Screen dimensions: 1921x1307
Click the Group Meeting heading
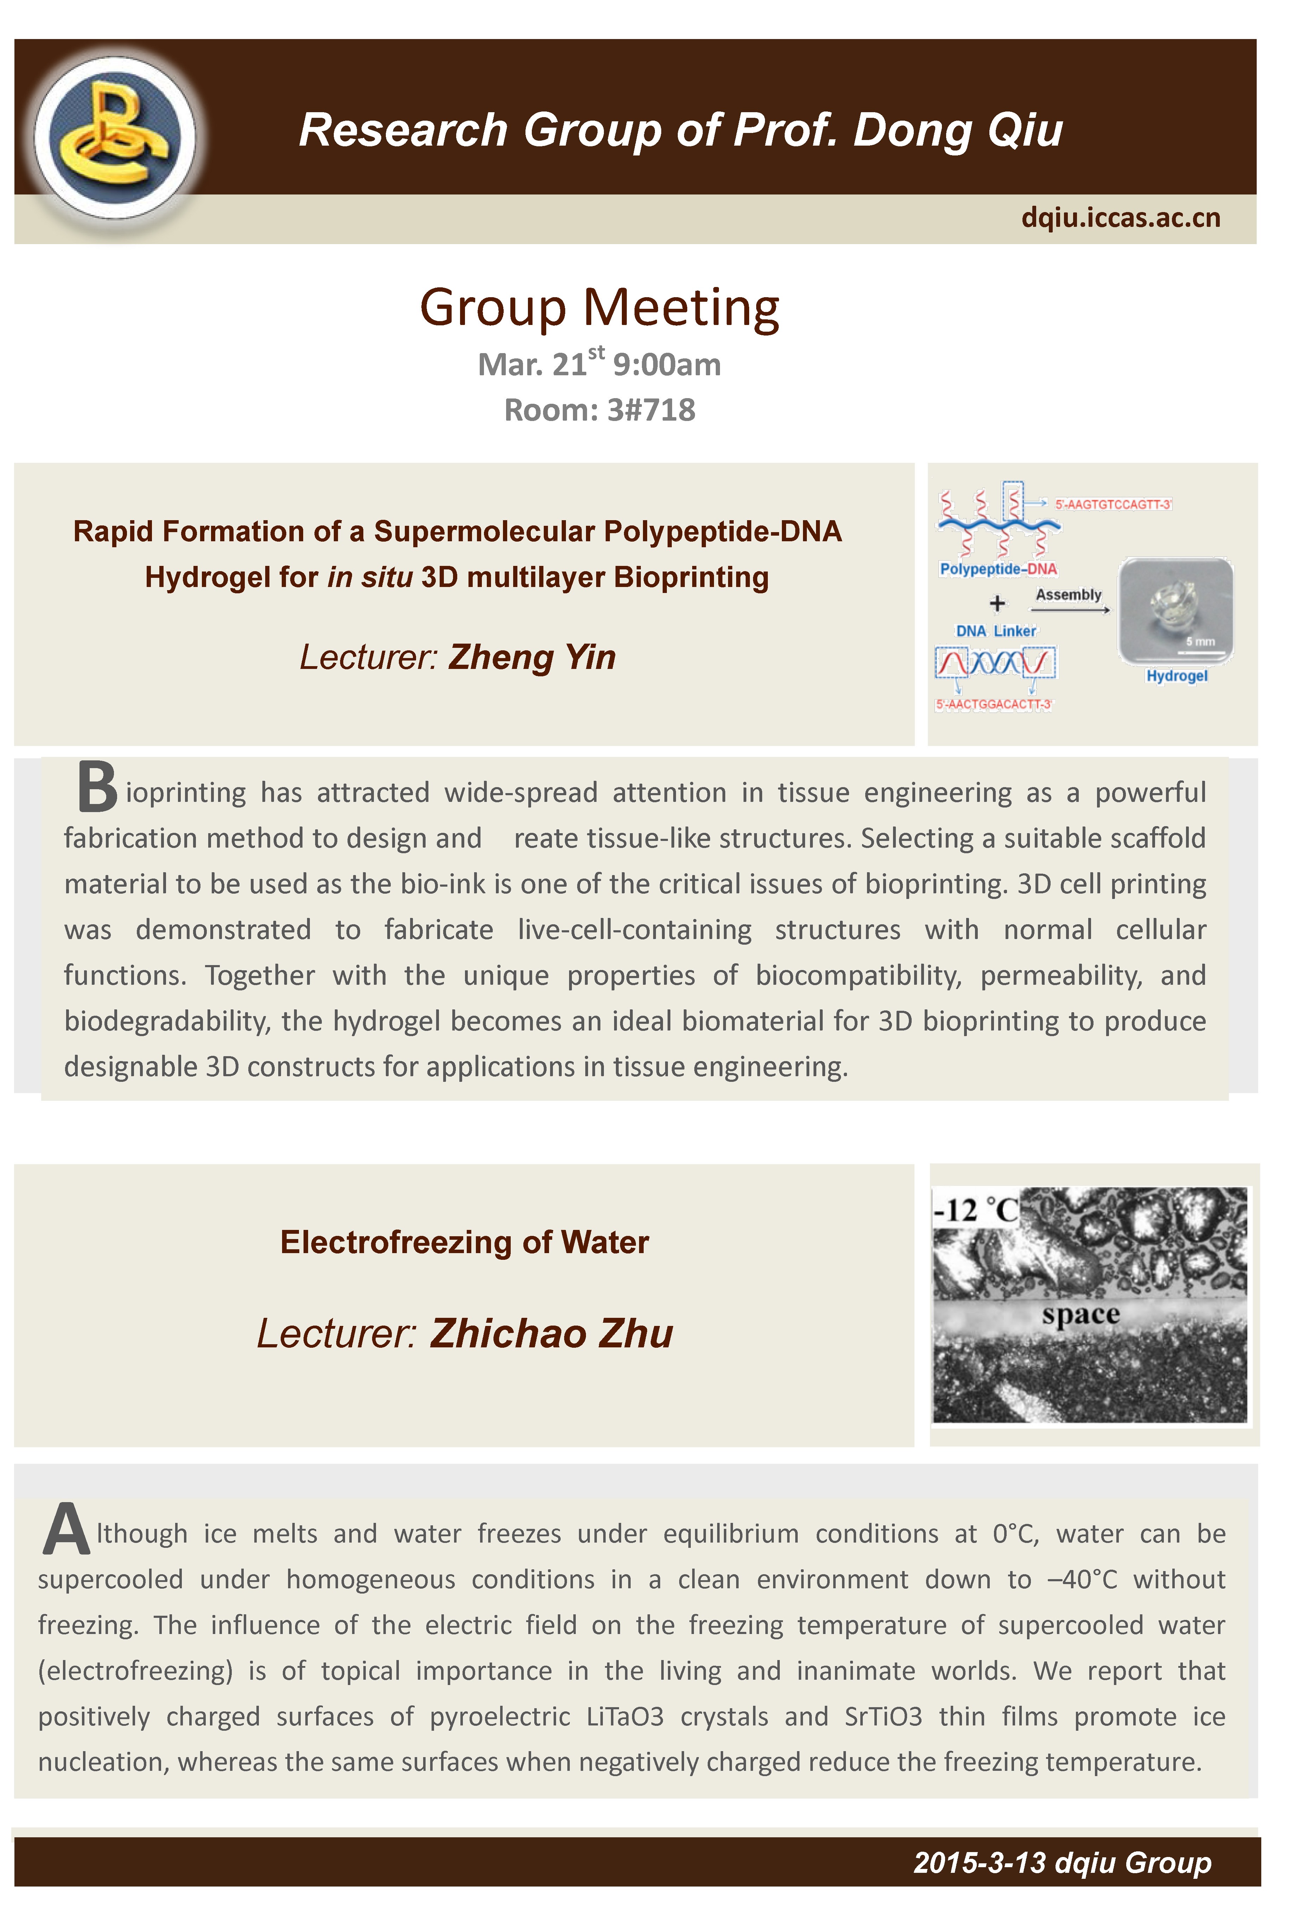pos(599,307)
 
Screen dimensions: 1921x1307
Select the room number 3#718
pos(651,410)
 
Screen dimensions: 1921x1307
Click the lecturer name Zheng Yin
pos(531,657)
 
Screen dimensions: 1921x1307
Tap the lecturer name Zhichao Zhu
pos(552,1333)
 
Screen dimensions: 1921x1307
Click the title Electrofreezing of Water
pos(464,1242)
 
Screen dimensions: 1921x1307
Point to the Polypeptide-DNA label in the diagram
pos(998,569)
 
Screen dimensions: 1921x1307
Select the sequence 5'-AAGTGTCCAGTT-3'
pos(1113,504)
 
